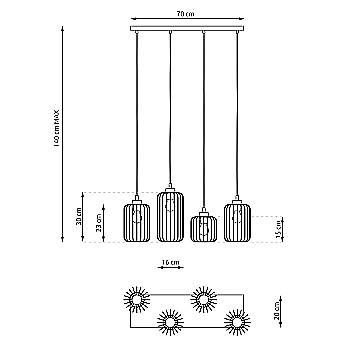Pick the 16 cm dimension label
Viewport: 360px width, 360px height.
click(169, 264)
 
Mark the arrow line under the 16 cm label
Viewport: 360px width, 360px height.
click(169, 271)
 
